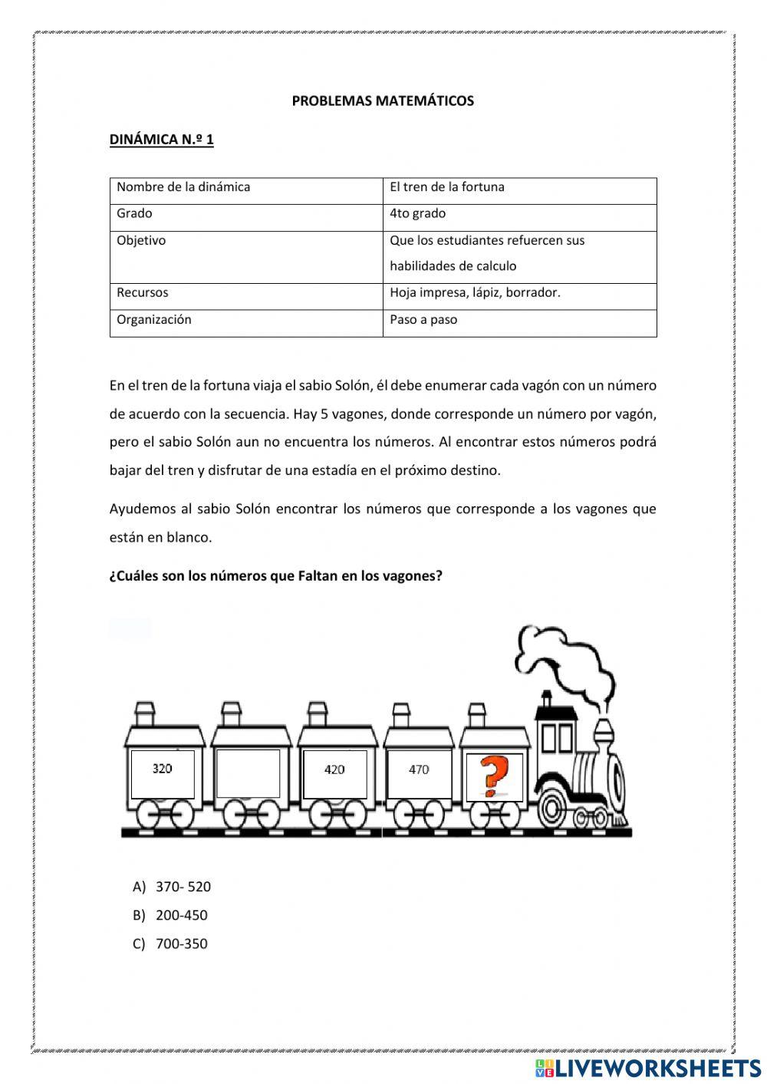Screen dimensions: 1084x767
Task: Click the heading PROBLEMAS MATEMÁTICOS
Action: pyautogui.click(x=383, y=100)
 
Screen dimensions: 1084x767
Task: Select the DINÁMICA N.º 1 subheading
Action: pyautogui.click(x=161, y=140)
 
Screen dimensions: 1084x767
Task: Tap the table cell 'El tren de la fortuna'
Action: pyautogui.click(x=447, y=187)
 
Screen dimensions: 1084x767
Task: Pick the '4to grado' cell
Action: pyautogui.click(x=417, y=213)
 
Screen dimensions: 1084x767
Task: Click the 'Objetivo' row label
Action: pyautogui.click(x=141, y=240)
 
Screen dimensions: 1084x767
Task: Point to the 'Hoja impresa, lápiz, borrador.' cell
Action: pyautogui.click(x=475, y=292)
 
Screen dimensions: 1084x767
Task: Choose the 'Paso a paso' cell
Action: pyautogui.click(x=423, y=319)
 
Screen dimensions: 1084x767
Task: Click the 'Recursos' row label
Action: pyautogui.click(x=143, y=292)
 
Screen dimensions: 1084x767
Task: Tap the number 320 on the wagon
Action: pyautogui.click(x=162, y=768)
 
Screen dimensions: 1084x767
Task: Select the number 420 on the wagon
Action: pyautogui.click(x=334, y=769)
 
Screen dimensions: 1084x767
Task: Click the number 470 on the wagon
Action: pyautogui.click(x=419, y=769)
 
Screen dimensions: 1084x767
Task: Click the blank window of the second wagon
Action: pyautogui.click(x=249, y=773)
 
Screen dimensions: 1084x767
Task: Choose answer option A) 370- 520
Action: pyautogui.click(x=172, y=887)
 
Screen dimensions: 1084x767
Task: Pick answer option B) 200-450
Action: pyautogui.click(x=170, y=915)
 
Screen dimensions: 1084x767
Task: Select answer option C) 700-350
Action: pyautogui.click(x=170, y=944)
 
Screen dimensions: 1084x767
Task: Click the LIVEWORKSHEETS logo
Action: pyautogui.click(x=648, y=1068)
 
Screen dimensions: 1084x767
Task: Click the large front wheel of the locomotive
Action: pyautogui.click(x=553, y=807)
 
